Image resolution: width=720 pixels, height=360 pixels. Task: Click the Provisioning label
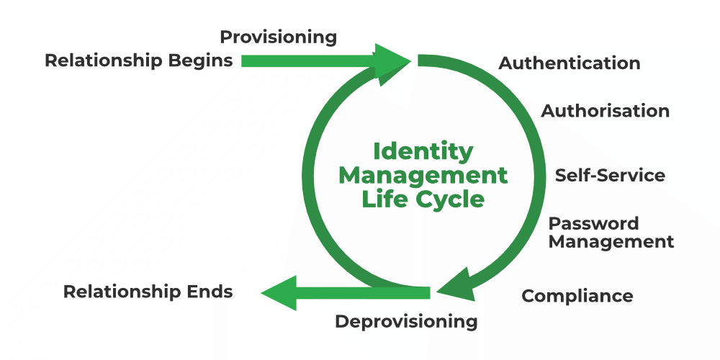pyautogui.click(x=278, y=37)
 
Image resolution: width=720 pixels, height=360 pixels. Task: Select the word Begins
pyautogui.click(x=201, y=60)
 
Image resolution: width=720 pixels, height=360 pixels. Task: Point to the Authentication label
pyautogui.click(x=570, y=63)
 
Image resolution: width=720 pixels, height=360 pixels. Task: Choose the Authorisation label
pyautogui.click(x=605, y=111)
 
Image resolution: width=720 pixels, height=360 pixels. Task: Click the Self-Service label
pyautogui.click(x=610, y=176)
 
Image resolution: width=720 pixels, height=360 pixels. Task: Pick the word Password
pyautogui.click(x=593, y=224)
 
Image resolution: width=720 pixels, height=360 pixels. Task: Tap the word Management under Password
pyautogui.click(x=611, y=242)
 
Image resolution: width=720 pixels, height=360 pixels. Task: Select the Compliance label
pyautogui.click(x=577, y=296)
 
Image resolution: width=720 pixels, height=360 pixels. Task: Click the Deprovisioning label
pyautogui.click(x=406, y=321)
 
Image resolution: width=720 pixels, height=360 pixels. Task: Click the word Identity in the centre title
pyautogui.click(x=423, y=152)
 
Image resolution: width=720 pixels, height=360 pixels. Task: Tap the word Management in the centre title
pyautogui.click(x=423, y=175)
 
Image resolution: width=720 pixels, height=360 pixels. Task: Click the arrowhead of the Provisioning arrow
pyautogui.click(x=392, y=61)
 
